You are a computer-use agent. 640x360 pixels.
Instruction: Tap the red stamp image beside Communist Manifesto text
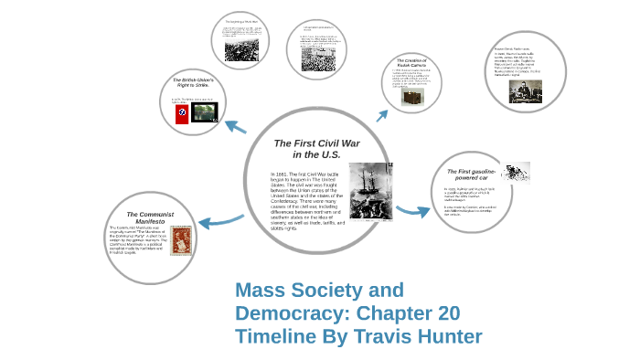pyautogui.click(x=179, y=241)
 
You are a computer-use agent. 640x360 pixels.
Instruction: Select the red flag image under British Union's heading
pyautogui.click(x=181, y=113)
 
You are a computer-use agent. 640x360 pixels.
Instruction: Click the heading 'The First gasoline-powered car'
pyautogui.click(x=472, y=175)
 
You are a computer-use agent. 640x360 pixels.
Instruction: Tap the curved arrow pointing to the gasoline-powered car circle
pyautogui.click(x=412, y=211)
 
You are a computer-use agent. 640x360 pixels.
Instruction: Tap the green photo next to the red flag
pyautogui.click(x=205, y=112)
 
